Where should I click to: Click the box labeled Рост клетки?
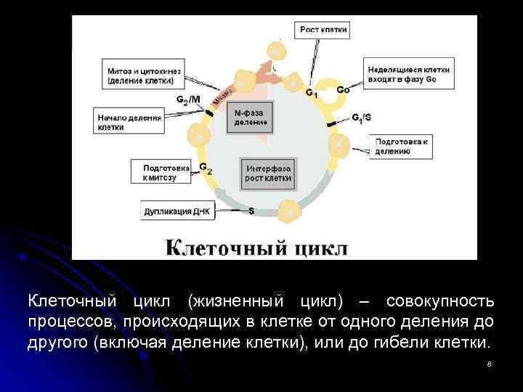click(324, 30)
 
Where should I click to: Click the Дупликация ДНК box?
click(177, 212)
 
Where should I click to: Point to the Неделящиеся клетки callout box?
click(409, 75)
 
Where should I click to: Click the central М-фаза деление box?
click(252, 118)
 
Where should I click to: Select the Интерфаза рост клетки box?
click(268, 173)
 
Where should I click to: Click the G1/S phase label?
click(361, 118)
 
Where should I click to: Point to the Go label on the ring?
click(343, 91)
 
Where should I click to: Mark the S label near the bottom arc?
click(251, 211)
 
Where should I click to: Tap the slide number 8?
click(490, 364)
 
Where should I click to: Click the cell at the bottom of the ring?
click(290, 211)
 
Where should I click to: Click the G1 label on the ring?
click(311, 94)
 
